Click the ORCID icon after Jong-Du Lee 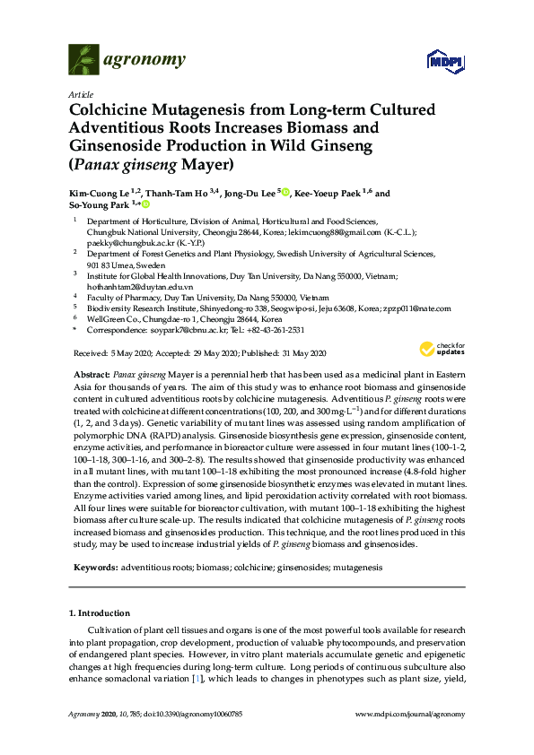pyautogui.click(x=285, y=192)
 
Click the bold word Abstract pyautogui.click(x=90, y=372)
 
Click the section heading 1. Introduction pyautogui.click(x=100, y=613)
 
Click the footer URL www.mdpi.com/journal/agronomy pyautogui.click(x=410, y=714)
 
